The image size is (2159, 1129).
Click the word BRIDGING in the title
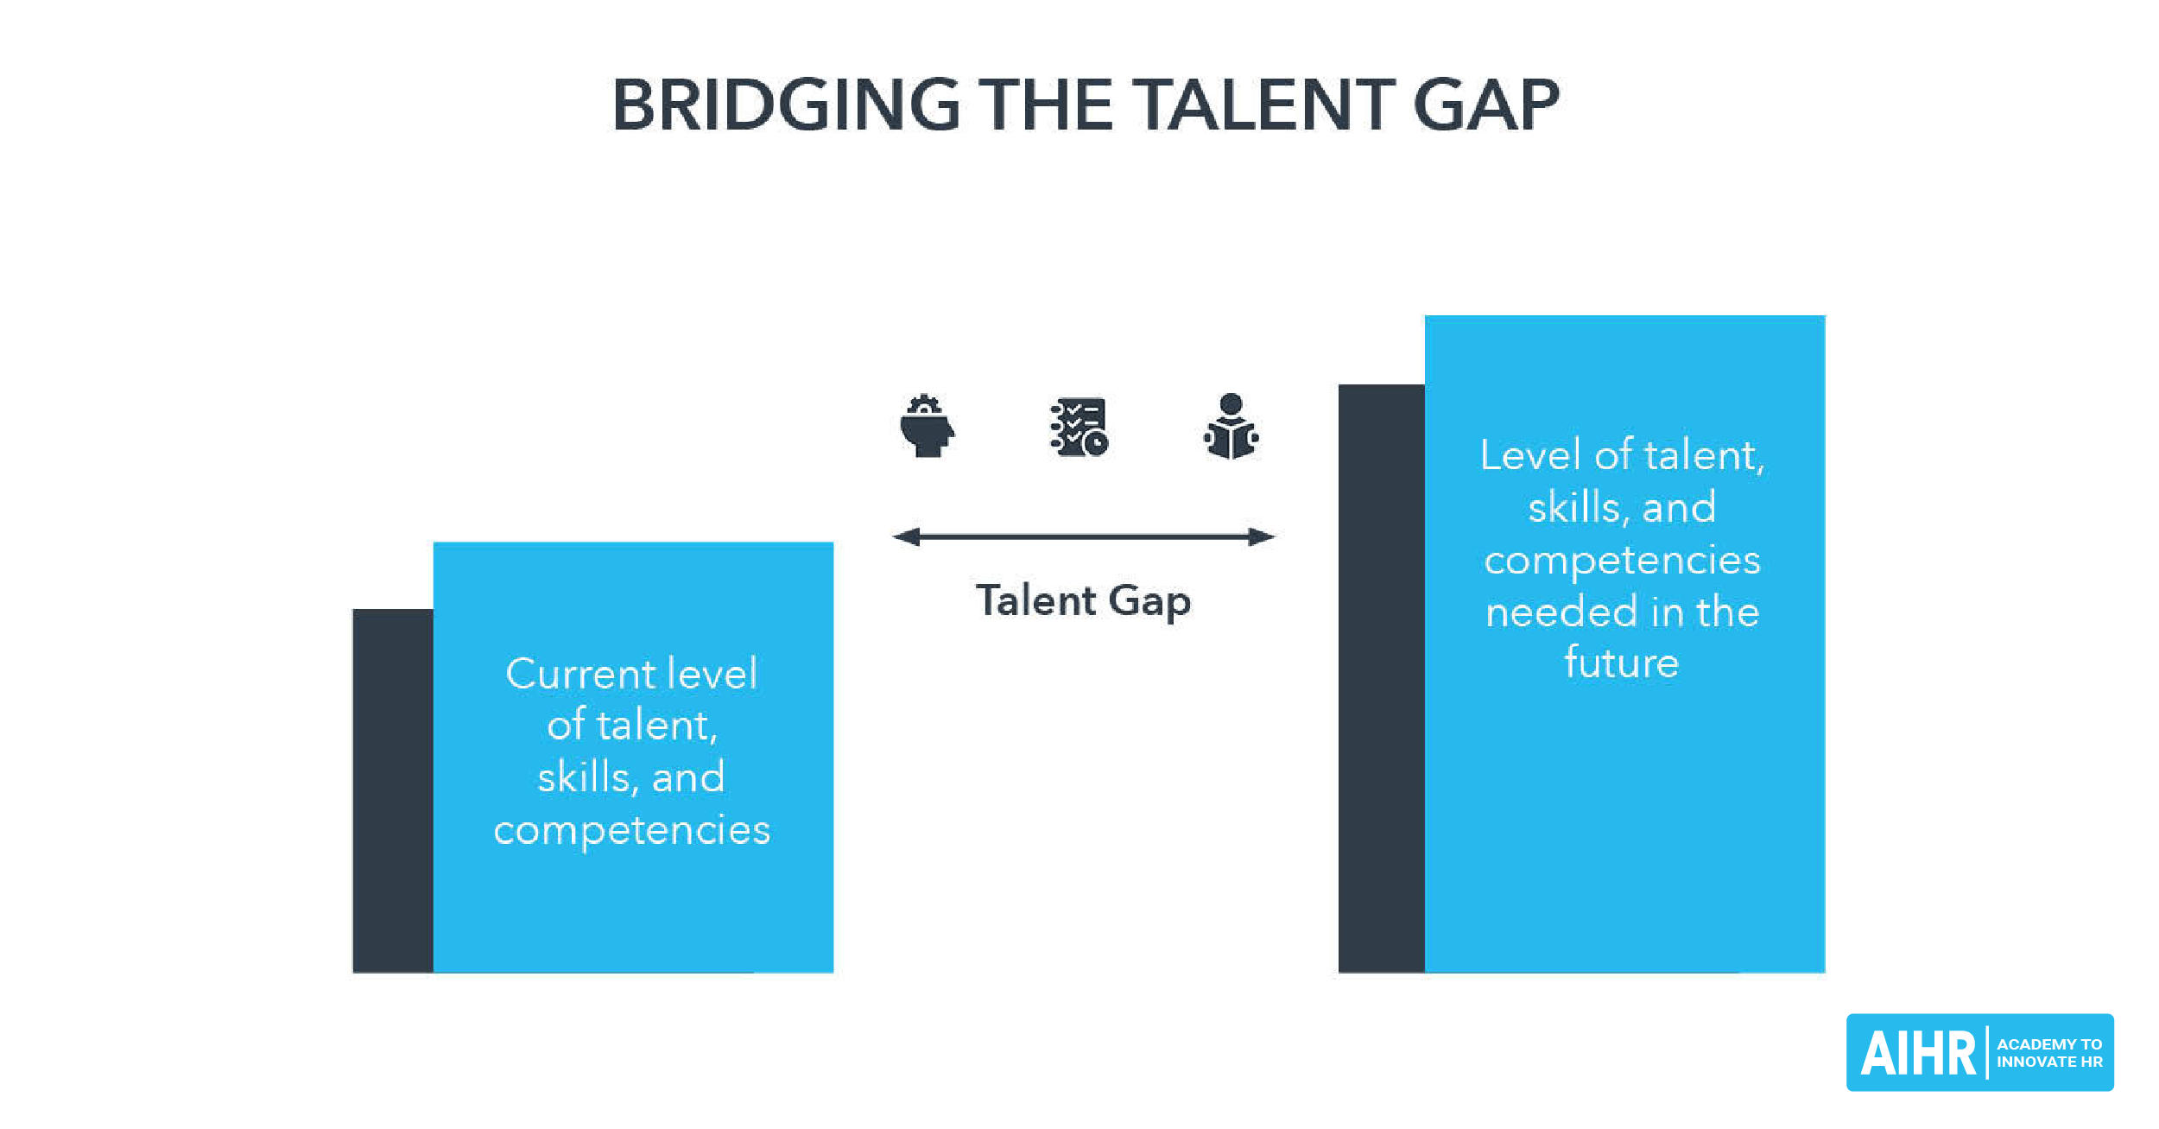786,105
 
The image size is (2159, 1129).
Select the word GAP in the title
1486,105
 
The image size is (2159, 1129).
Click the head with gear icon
927,426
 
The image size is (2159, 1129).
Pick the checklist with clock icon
1079,427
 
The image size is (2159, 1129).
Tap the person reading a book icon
1231,427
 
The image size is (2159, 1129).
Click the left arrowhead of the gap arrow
906,537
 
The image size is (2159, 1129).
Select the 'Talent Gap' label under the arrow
1083,601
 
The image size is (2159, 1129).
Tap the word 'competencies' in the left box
631,830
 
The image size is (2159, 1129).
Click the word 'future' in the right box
1621,663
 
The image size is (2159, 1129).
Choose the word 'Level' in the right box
1532,455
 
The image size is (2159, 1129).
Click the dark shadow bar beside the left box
393,790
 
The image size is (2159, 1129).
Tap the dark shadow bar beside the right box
1381,678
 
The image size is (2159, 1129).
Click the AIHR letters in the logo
1917,1054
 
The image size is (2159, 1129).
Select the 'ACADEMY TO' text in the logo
2048,1044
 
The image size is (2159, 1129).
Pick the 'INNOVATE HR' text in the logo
2048,1062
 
